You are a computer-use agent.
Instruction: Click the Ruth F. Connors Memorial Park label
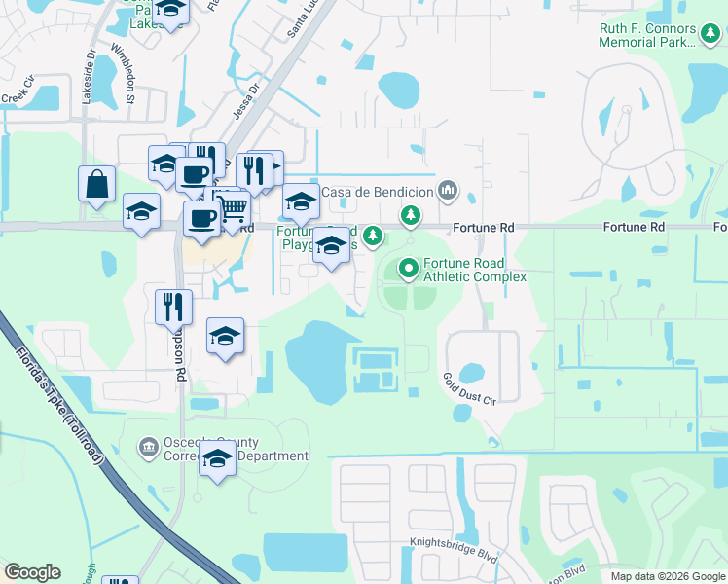point(647,36)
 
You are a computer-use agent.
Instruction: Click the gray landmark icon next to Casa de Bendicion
point(448,190)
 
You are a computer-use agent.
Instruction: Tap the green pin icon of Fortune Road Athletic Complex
point(410,265)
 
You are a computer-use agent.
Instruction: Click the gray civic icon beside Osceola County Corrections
point(149,448)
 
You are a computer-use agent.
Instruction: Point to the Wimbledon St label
point(124,72)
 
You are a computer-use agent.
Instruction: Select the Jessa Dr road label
point(243,100)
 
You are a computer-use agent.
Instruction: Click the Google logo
point(32,572)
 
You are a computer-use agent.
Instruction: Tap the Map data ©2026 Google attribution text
point(668,576)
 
